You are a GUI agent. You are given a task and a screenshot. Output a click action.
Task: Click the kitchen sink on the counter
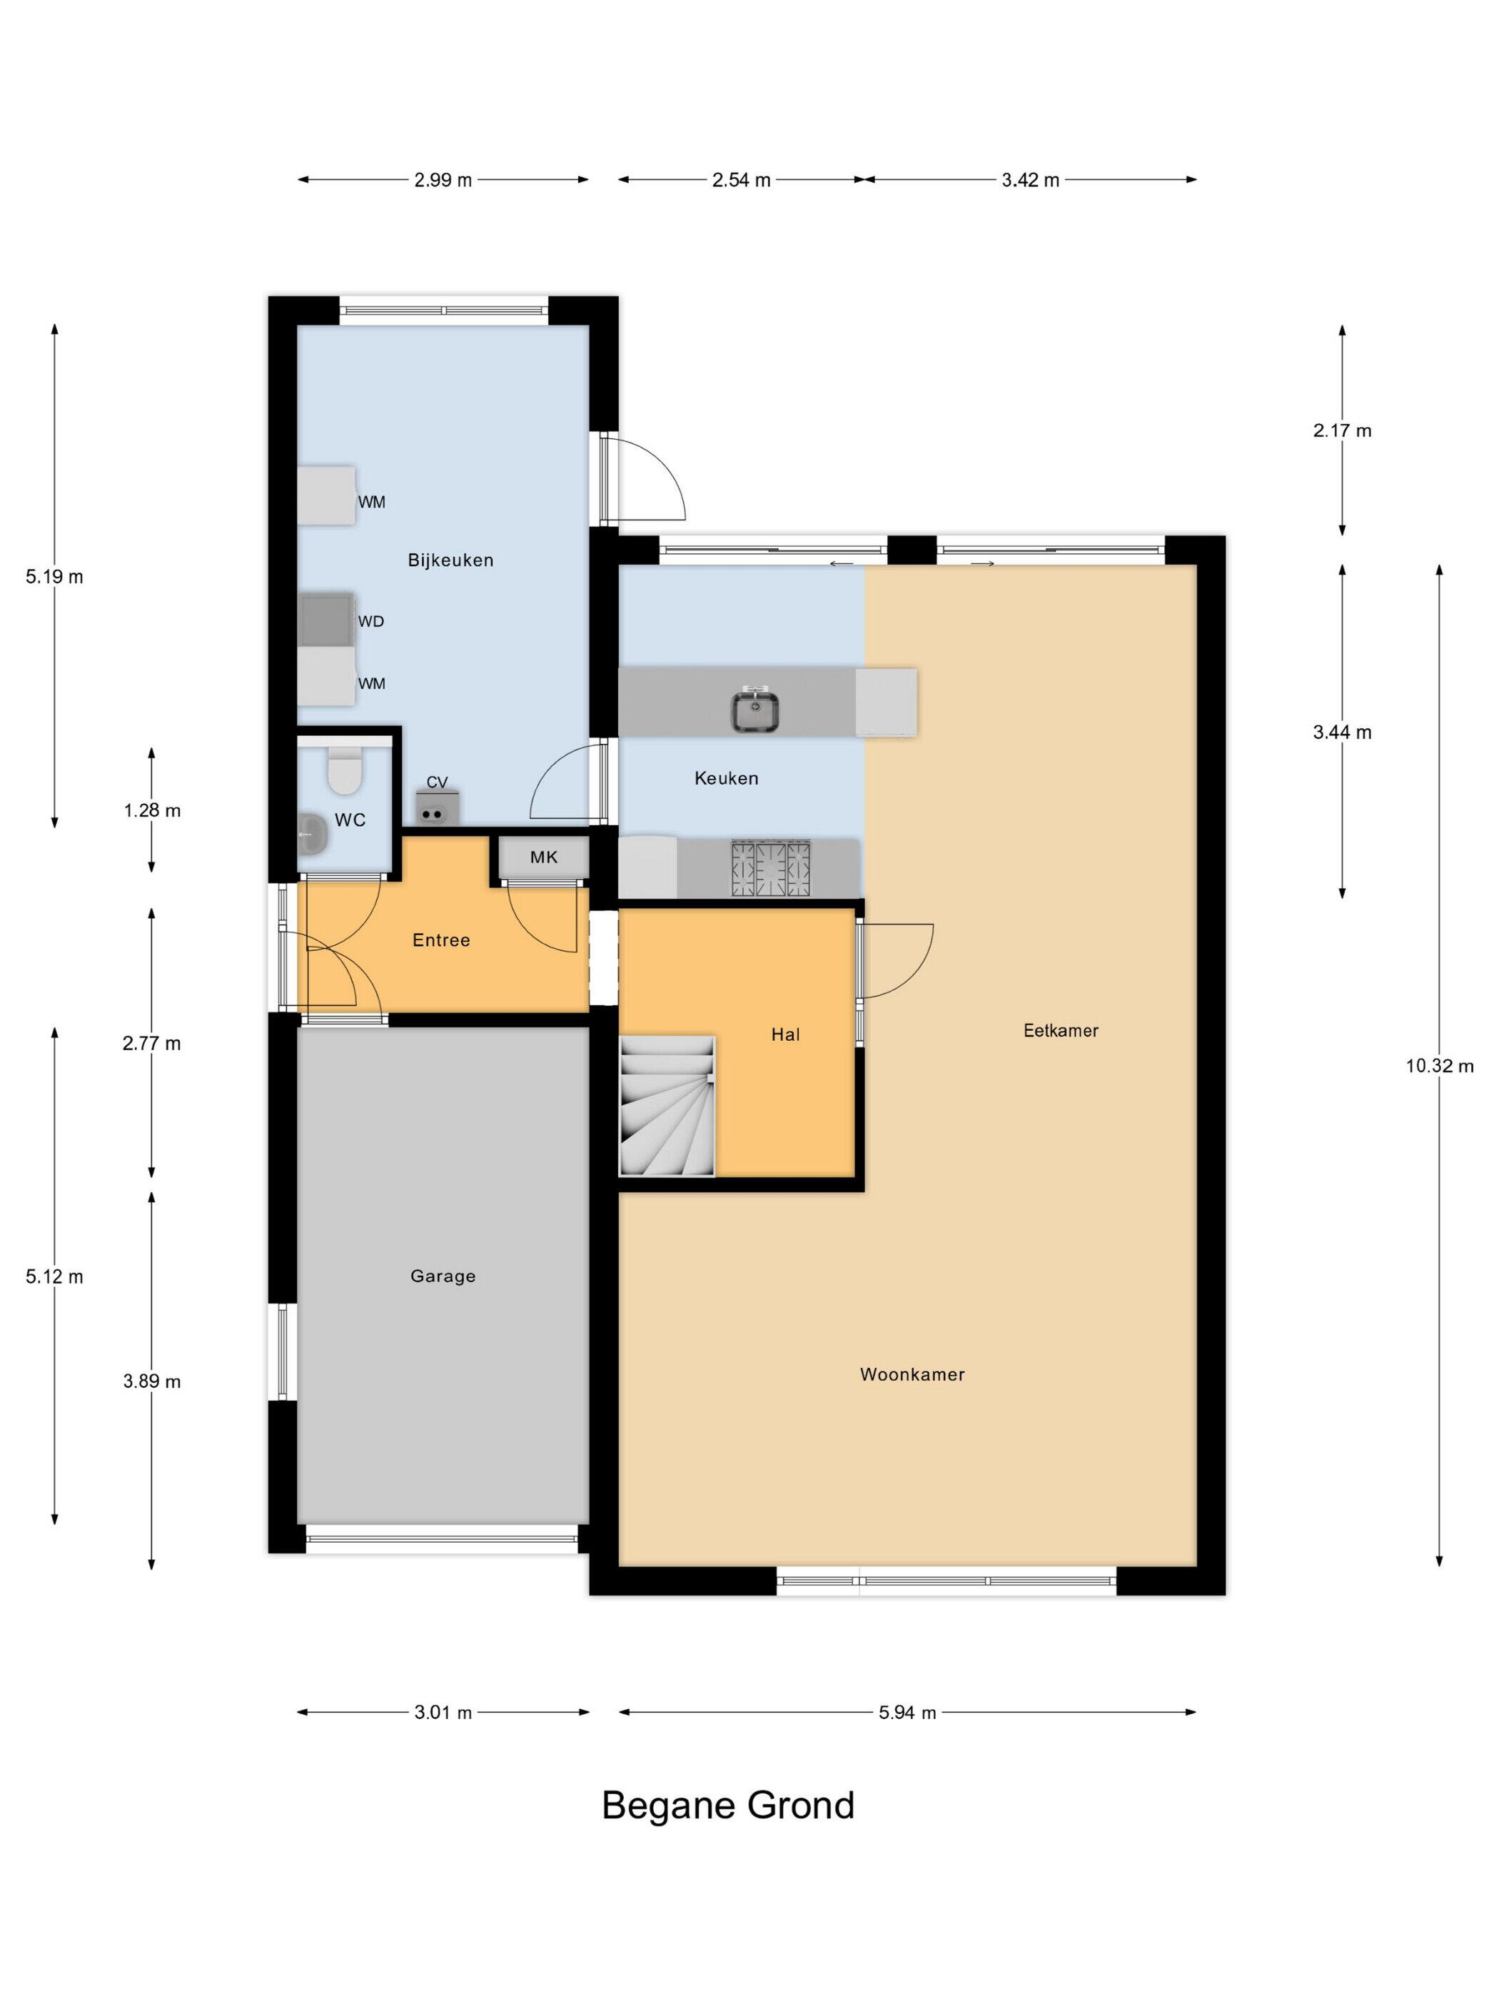[755, 708]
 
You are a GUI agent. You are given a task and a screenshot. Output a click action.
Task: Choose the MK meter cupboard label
[544, 857]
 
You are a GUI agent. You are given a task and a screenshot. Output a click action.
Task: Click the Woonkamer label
[912, 1374]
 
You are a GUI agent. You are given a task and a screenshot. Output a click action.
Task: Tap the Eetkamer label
[1060, 1030]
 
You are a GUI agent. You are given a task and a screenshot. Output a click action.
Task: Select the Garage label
[443, 1276]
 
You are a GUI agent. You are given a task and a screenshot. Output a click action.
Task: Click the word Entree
[441, 940]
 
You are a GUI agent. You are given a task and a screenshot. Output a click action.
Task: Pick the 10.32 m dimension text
[1438, 1065]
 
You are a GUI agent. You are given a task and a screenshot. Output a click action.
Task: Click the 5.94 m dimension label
[907, 1711]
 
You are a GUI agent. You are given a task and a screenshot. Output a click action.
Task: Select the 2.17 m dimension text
[1342, 430]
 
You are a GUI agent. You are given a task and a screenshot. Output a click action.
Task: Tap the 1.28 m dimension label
[152, 810]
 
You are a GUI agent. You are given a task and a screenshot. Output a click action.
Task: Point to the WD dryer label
[370, 622]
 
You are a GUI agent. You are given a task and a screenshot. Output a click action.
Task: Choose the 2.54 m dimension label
[741, 180]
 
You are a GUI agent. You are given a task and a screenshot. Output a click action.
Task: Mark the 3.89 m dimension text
[152, 1381]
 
